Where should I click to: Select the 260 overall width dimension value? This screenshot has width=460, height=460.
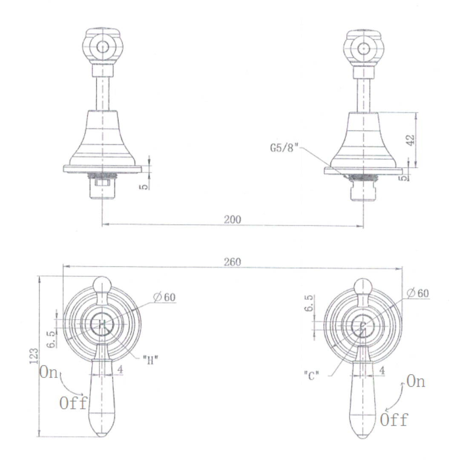[x=233, y=262]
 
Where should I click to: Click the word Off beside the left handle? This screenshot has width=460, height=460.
[x=73, y=403]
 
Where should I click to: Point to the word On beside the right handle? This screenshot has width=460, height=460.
[x=415, y=382]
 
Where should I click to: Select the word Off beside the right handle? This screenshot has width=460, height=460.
[x=394, y=420]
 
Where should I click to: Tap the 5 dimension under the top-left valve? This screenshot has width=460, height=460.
[x=146, y=186]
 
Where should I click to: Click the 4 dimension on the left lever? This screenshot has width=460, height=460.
[x=121, y=370]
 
